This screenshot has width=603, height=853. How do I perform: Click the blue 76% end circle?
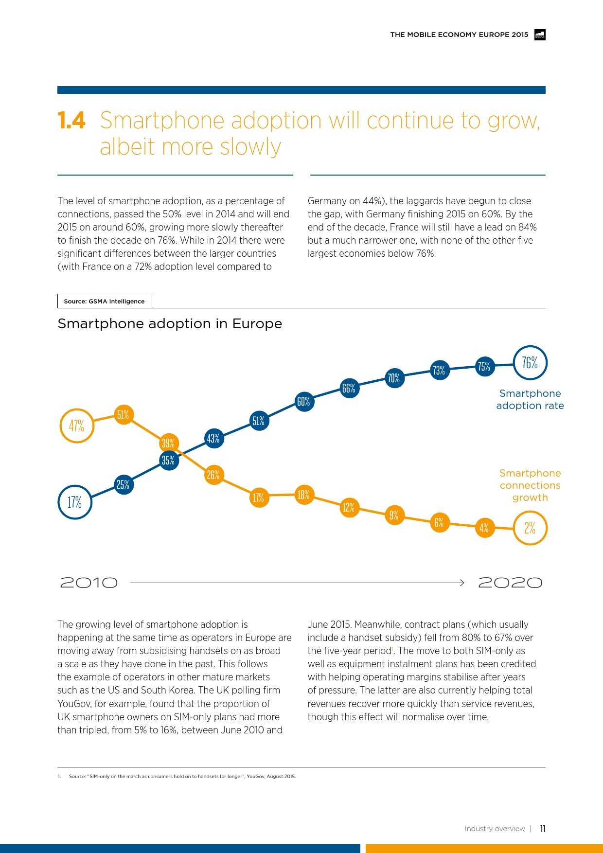530,363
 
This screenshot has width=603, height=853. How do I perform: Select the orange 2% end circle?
530,528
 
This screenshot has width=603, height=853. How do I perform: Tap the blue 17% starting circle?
75,502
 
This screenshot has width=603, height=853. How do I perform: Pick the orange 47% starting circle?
76,426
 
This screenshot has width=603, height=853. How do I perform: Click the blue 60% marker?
303,402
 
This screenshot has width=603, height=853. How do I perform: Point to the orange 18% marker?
303,495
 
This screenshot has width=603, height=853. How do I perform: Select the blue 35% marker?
168,460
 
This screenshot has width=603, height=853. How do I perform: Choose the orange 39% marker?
168,443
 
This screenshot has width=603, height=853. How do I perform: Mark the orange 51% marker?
123,414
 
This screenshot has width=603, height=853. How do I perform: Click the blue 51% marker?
259,421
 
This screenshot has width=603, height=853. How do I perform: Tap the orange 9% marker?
394,515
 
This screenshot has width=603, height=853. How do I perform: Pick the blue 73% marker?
439,370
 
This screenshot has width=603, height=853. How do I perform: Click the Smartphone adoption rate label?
530,399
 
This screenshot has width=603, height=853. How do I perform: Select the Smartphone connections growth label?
530,485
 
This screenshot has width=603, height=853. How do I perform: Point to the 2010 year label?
89,583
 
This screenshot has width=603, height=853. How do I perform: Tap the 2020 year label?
510,583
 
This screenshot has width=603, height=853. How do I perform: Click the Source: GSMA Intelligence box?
105,301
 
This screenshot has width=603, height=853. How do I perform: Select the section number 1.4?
71,121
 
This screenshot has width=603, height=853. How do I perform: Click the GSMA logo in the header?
540,35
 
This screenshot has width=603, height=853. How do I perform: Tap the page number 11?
543,829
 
